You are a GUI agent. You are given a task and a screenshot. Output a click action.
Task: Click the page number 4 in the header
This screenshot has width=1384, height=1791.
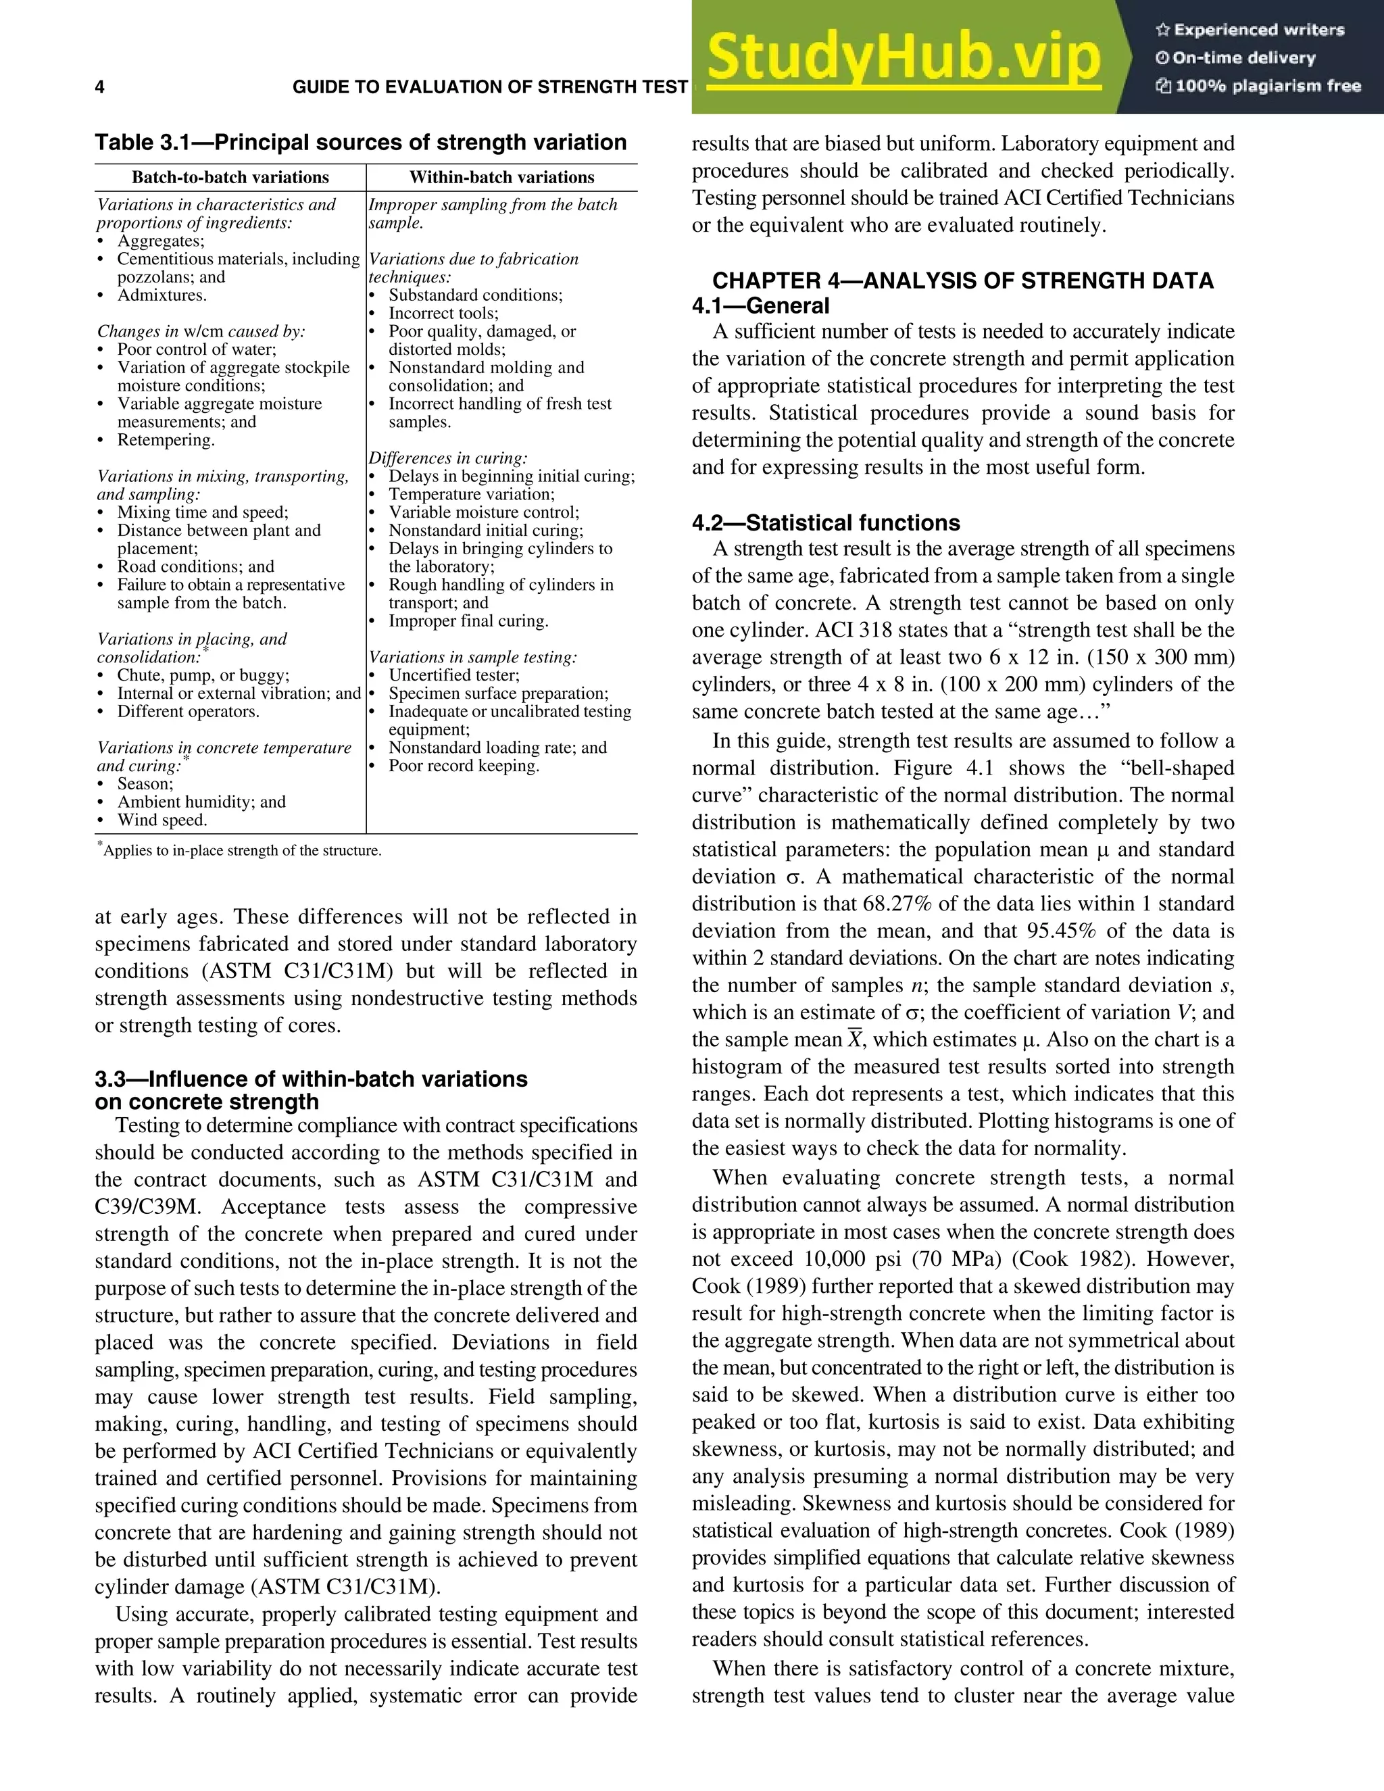click(x=100, y=88)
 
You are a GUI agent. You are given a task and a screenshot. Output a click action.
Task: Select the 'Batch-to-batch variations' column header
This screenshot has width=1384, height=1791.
click(x=230, y=177)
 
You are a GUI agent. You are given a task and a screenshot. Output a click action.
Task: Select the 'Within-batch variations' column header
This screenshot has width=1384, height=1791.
click(x=502, y=177)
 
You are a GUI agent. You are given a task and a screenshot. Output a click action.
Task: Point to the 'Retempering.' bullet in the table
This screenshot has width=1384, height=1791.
click(x=166, y=441)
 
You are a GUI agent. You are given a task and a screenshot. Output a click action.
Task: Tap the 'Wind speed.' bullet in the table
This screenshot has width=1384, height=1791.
click(x=162, y=820)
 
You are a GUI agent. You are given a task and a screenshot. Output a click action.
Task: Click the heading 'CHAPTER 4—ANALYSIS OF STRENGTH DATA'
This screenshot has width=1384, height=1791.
click(x=962, y=280)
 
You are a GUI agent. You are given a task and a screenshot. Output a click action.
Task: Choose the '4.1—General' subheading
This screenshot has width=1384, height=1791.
click(x=760, y=306)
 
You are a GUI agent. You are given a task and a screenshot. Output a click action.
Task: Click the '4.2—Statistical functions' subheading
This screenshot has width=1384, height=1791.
click(x=826, y=523)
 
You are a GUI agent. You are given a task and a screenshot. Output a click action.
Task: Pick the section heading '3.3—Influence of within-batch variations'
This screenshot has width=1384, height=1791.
click(x=311, y=1079)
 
